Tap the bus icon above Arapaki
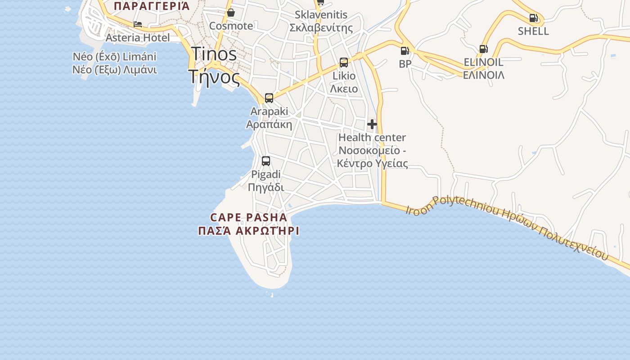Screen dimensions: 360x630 pos(269,98)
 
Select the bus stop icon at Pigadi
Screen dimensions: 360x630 pos(266,161)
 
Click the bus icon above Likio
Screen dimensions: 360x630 pos(344,63)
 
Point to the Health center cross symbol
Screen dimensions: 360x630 pos(372,124)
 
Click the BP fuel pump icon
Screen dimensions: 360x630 pos(405,51)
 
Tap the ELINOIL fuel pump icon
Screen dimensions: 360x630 pos(483,49)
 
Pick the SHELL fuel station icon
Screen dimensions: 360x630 pos(533,18)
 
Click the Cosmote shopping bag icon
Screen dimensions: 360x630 pos(231,13)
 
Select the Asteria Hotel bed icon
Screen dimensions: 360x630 pos(138,24)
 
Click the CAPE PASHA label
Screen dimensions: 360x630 pos(248,217)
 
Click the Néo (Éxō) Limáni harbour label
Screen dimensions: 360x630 pos(114,57)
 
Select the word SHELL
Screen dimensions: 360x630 pos(533,31)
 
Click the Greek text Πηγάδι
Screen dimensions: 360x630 pos(266,187)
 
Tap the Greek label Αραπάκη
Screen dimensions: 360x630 pos(269,124)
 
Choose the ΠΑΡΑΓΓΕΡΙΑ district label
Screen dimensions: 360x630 pos(152,6)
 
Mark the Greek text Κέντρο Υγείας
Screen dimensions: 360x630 pos(372,163)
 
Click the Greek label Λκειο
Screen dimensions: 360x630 pos(344,89)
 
